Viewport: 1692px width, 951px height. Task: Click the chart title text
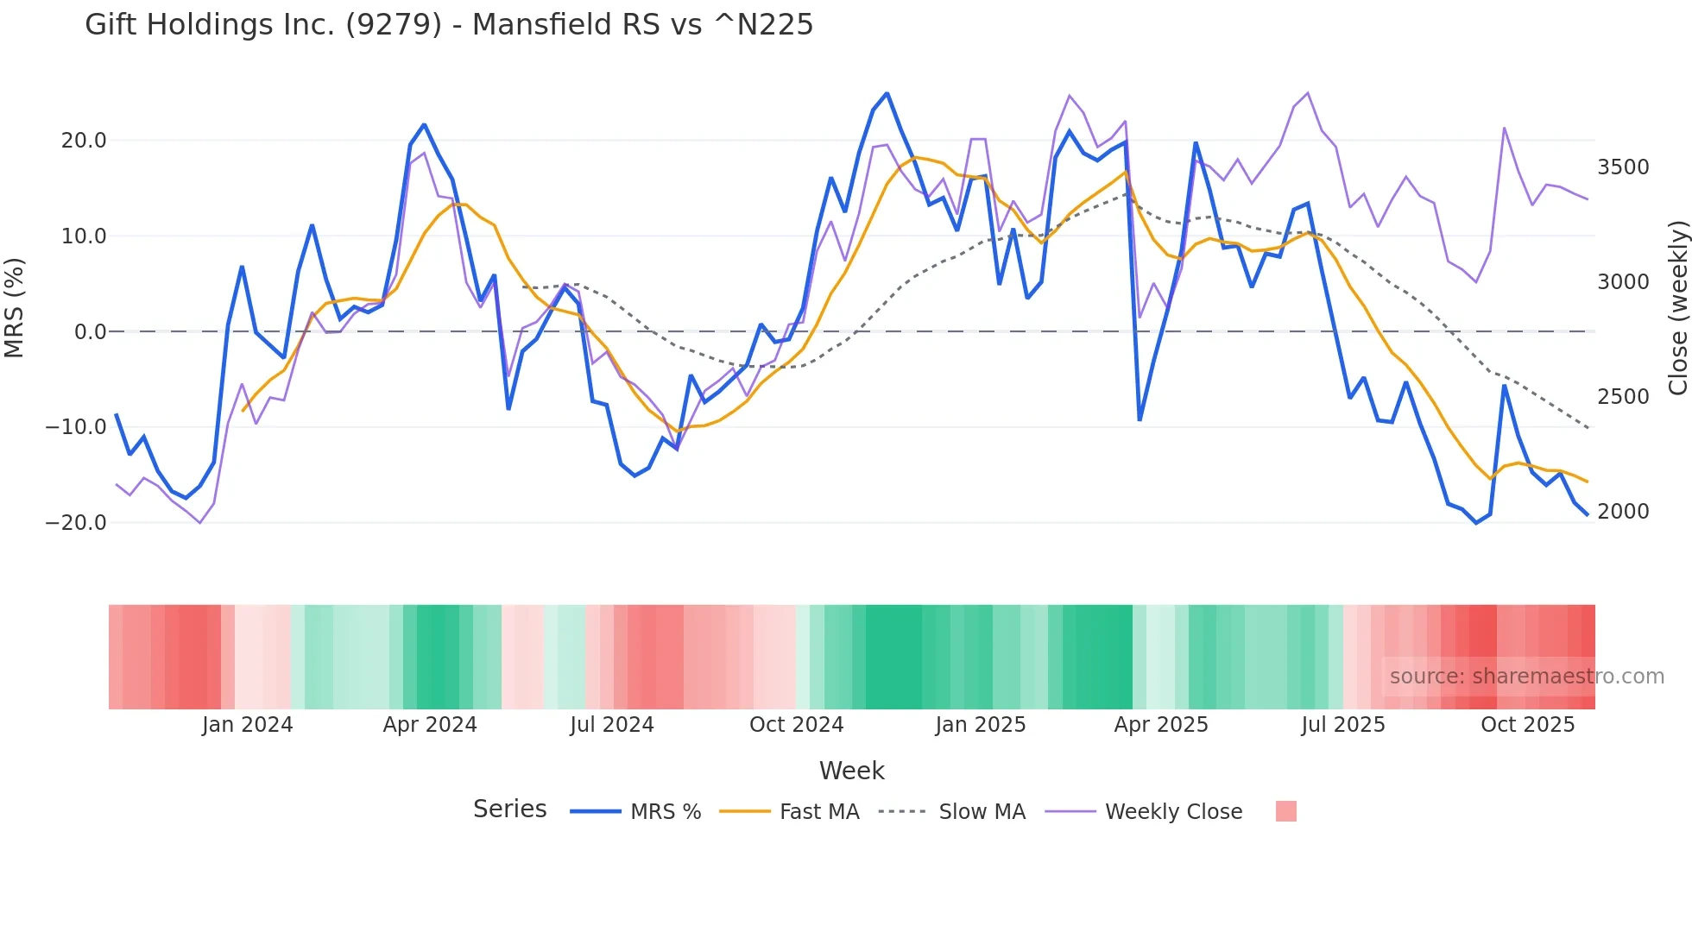[449, 25]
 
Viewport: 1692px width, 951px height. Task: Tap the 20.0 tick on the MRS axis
[84, 141]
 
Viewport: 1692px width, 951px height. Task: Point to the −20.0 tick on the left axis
[76, 523]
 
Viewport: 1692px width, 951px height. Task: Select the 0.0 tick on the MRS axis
[90, 332]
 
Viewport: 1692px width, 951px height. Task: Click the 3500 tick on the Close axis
[1623, 167]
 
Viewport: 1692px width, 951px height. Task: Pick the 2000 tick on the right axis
[1623, 512]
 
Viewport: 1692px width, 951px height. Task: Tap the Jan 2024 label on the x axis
[248, 725]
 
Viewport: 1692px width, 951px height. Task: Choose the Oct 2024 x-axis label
[796, 725]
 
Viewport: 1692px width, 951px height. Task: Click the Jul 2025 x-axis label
[1343, 725]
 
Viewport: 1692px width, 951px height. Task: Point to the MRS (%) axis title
[15, 308]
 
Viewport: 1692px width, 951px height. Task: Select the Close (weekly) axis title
[1677, 308]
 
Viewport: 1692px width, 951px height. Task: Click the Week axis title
[851, 771]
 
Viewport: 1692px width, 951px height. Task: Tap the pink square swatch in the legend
[1285, 811]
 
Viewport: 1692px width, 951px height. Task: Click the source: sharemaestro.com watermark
[1526, 677]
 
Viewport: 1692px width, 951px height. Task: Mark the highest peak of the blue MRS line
[887, 93]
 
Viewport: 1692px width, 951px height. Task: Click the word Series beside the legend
[509, 809]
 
